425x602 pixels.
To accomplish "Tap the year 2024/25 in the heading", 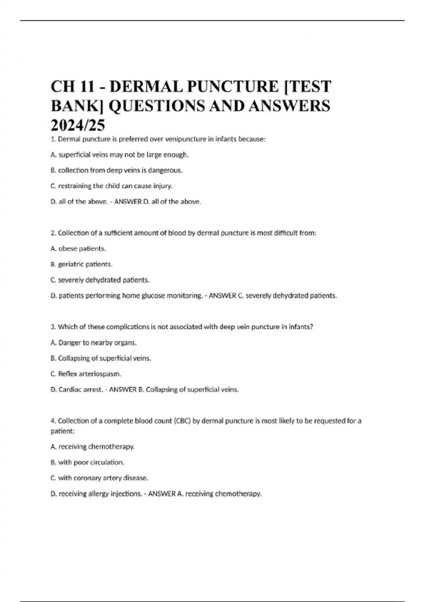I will (78, 125).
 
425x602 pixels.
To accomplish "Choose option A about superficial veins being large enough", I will (120, 155).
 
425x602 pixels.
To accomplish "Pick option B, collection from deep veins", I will (117, 170).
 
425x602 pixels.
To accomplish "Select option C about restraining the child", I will (112, 186).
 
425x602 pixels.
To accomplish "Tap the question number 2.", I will (53, 233).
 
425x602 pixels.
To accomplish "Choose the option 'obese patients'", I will (78, 249).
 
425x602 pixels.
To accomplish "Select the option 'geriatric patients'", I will (81, 264).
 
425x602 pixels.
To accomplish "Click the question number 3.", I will (53, 327).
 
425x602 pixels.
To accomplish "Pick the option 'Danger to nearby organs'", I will (93, 343).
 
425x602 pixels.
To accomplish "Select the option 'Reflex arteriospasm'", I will (86, 374).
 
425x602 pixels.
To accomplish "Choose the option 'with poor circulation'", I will (87, 462).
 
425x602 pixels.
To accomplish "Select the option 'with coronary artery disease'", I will (99, 478).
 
